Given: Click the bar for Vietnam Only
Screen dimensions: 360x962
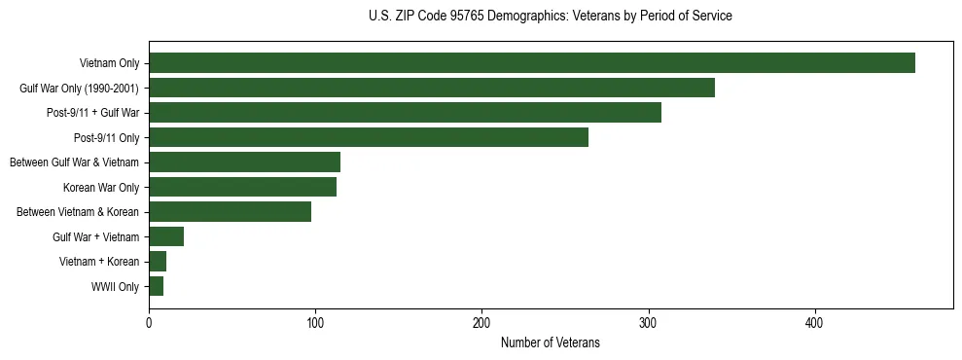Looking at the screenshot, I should coord(532,63).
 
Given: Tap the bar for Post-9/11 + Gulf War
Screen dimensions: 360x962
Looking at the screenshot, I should coord(405,113).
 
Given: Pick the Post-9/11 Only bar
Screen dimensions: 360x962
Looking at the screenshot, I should coord(369,137).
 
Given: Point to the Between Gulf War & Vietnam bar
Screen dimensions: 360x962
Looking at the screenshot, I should coord(244,162).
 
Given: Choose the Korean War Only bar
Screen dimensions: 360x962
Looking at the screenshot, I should coord(242,187).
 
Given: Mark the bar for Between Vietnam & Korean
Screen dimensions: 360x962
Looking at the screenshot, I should coord(230,212).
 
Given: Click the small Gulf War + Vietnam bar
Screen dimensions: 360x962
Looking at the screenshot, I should coord(166,236).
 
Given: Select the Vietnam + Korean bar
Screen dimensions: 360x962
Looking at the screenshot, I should coord(158,262).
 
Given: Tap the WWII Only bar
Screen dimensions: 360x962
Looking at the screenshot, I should coord(156,286).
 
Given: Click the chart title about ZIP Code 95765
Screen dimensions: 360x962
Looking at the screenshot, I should coord(551,17).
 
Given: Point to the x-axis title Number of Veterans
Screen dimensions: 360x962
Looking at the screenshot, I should coord(550,343).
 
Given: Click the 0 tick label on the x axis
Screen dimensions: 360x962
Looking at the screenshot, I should coord(149,323).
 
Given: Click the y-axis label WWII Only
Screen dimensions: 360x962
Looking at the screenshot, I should coord(115,287).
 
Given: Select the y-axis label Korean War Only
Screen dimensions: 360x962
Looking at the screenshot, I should coord(101,188).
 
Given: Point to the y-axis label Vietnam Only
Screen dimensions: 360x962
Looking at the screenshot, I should coord(110,64).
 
